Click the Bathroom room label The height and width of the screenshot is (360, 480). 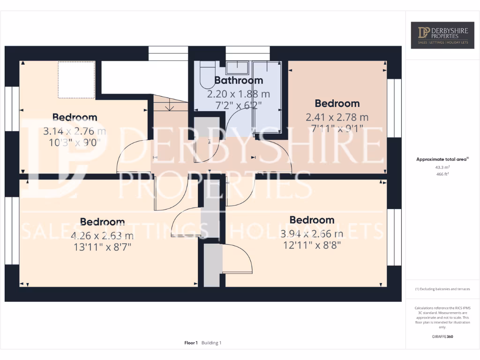pyautogui.click(x=239, y=81)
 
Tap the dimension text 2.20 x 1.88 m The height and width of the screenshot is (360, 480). pyautogui.click(x=239, y=94)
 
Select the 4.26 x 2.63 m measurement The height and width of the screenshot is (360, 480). pyautogui.click(x=102, y=236)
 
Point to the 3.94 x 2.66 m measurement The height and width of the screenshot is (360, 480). pyautogui.click(x=312, y=234)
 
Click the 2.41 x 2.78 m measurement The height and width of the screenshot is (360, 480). pyautogui.click(x=337, y=117)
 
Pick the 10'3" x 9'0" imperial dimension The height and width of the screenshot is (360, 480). pyautogui.click(x=75, y=142)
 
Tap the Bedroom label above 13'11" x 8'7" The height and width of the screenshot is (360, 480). pyautogui.click(x=102, y=222)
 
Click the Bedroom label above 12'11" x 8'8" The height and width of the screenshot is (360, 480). pyautogui.click(x=312, y=220)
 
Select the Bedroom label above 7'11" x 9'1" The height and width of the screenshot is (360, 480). pyautogui.click(x=337, y=104)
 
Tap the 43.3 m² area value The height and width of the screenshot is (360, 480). pyautogui.click(x=442, y=167)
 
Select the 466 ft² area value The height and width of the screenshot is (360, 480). pyautogui.click(x=442, y=174)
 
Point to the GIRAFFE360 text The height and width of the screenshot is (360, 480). pyautogui.click(x=442, y=337)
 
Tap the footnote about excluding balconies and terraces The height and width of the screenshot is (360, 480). pyautogui.click(x=442, y=289)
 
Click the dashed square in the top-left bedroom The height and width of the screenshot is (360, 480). pyautogui.click(x=76, y=80)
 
